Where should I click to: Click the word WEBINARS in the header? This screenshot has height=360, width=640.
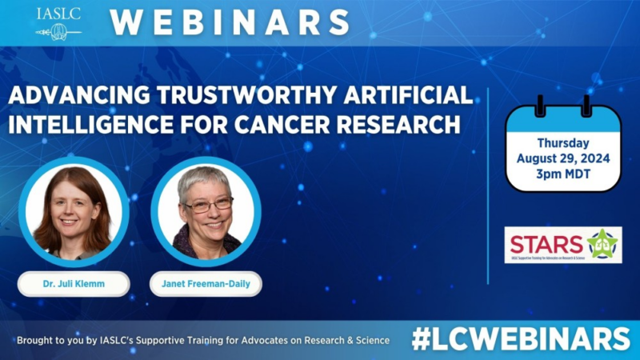[x=230, y=22]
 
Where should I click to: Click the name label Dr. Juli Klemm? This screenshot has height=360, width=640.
[x=74, y=284]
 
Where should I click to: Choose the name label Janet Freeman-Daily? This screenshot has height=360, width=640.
[x=206, y=284]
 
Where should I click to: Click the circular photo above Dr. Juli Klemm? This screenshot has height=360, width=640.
[x=74, y=212]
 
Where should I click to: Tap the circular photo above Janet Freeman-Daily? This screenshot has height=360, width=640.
[x=206, y=212]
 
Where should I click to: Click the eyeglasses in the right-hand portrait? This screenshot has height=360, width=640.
[x=208, y=206]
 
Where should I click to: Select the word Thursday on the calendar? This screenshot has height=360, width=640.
[x=562, y=143]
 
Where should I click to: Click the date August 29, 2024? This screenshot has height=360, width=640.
[x=562, y=158]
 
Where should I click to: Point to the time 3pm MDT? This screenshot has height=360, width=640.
[x=562, y=174]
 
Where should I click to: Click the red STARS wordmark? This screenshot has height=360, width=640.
[x=545, y=242]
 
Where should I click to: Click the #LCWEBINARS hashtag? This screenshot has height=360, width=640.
[x=521, y=339]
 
